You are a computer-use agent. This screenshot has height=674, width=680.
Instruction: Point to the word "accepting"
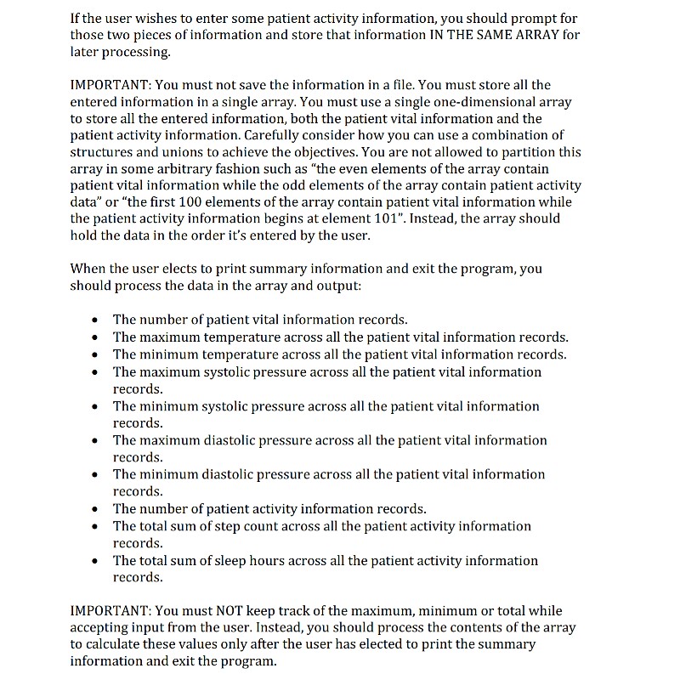102,628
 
